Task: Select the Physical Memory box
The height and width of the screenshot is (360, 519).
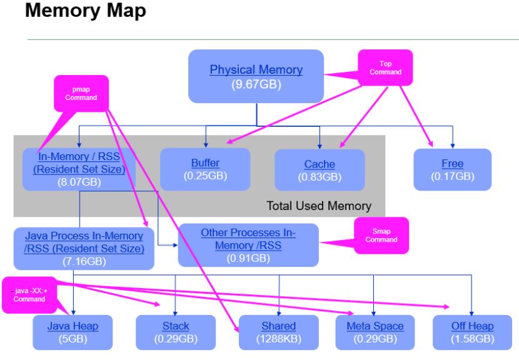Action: (256, 76)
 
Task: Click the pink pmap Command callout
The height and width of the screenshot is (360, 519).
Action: (82, 92)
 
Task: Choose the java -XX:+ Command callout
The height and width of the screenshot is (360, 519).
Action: (31, 294)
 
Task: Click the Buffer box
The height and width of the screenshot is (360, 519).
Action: (205, 169)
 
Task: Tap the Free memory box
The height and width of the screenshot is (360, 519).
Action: (452, 169)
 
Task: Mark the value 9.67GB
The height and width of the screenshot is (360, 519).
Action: (255, 83)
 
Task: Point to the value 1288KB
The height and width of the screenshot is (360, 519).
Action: (279, 339)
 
